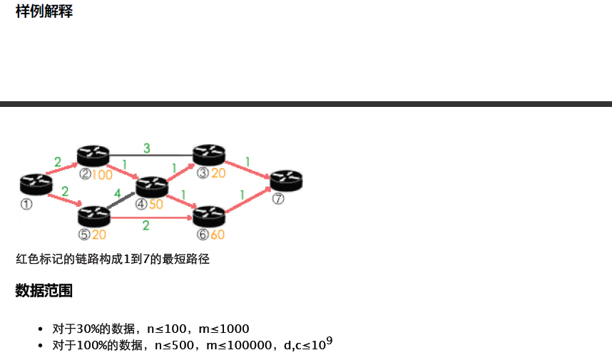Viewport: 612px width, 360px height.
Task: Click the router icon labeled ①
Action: [x=36, y=184]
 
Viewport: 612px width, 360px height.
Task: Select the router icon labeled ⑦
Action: [x=286, y=180]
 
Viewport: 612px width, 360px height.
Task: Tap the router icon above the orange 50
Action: [x=151, y=186]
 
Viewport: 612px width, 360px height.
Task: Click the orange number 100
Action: [x=102, y=175]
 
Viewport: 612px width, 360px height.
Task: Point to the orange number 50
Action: [x=156, y=205]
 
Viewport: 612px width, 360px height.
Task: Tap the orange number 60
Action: [x=217, y=235]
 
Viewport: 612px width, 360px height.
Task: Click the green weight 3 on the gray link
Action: [x=147, y=148]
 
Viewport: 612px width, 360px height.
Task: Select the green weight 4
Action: [x=118, y=193]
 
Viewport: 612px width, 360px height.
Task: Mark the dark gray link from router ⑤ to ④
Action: [x=121, y=201]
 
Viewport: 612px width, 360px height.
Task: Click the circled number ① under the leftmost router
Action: [x=27, y=204]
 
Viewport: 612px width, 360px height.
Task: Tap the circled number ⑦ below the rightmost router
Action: [x=278, y=200]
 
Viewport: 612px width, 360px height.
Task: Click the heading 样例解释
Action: [x=44, y=11]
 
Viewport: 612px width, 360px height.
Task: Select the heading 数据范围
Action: [x=44, y=291]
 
